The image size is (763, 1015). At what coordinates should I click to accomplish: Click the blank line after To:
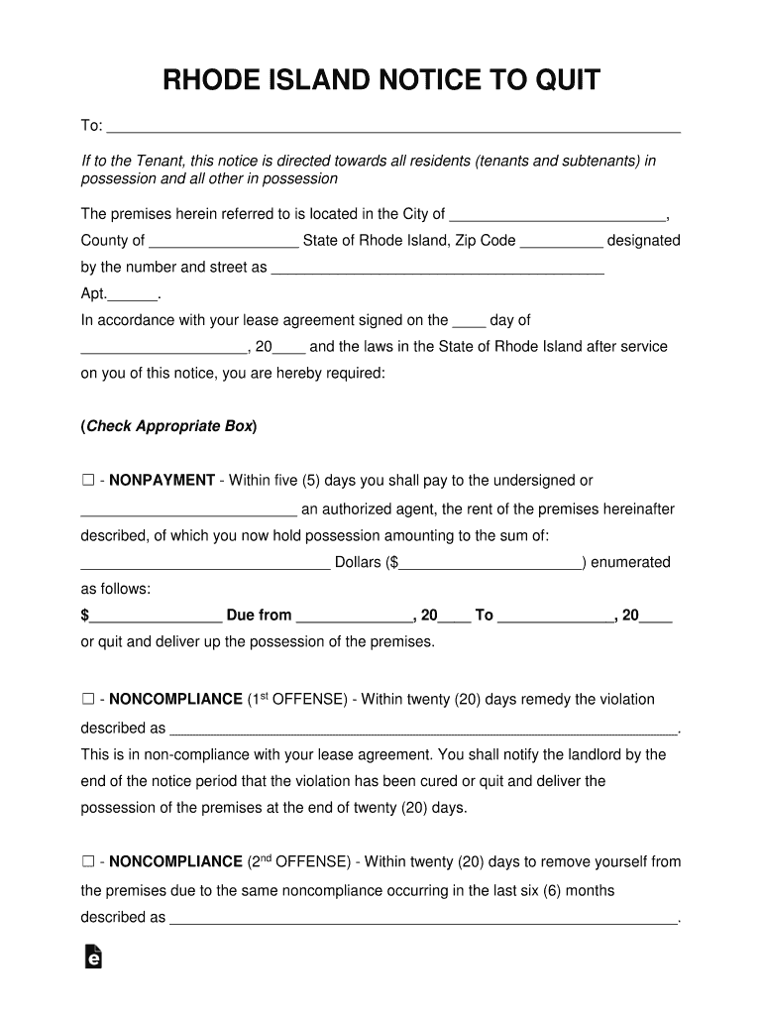[393, 128]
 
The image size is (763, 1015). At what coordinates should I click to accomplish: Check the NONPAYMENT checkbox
[87, 481]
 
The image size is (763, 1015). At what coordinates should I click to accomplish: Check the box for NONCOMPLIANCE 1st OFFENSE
[87, 700]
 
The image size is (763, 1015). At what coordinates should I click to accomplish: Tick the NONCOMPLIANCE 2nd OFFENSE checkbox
[87, 862]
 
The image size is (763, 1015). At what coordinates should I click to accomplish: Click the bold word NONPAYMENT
[162, 481]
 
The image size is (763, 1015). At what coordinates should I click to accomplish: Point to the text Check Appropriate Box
[168, 427]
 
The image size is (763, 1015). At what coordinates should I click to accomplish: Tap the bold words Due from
[259, 616]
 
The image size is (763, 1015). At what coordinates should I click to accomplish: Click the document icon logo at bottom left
[95, 958]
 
